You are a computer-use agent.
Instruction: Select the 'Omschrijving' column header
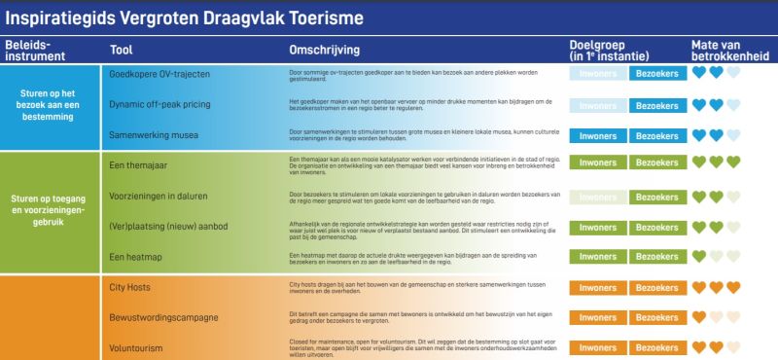325,50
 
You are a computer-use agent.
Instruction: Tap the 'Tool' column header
122,50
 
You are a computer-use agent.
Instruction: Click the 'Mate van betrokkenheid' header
729,51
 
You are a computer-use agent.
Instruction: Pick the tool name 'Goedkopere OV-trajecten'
159,74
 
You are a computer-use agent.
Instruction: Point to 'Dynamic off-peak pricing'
160,105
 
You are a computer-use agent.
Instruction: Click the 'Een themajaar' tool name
138,165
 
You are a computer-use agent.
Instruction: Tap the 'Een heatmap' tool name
136,256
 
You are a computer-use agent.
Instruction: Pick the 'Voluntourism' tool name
135,347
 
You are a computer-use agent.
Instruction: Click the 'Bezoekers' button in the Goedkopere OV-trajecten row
657,74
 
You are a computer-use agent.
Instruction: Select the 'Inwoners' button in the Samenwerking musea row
597,135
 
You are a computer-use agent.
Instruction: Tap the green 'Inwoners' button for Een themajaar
597,165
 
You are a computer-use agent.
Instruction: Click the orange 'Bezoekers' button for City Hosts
657,287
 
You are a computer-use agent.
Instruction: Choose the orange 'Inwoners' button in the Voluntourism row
597,347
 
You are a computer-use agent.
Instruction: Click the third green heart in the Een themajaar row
733,162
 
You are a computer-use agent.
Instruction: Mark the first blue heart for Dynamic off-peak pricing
697,104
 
